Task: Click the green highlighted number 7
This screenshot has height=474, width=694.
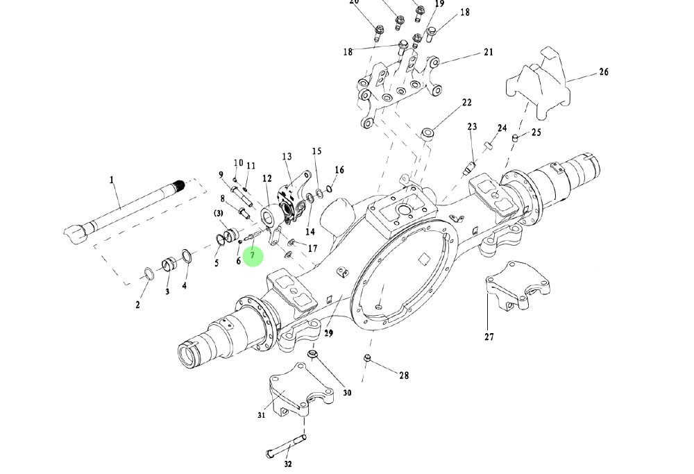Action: coord(253,256)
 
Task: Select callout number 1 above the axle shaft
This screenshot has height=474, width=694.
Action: coord(111,180)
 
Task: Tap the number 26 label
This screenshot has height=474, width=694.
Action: coord(603,72)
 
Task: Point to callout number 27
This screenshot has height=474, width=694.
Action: coord(489,337)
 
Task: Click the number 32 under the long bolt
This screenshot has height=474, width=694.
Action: coord(288,464)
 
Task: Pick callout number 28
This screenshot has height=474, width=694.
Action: coord(403,375)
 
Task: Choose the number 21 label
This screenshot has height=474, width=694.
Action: coord(488,52)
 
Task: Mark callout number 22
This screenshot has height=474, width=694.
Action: coord(466,103)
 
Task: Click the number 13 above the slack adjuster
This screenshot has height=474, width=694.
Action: coord(287,158)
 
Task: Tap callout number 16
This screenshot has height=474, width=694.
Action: coord(339,170)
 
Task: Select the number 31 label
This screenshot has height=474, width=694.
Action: coord(262,415)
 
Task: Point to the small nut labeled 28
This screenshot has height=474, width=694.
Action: coord(367,358)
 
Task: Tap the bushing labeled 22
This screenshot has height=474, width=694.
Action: coord(429,131)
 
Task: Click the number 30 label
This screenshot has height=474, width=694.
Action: coord(347,393)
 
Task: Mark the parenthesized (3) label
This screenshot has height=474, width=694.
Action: coord(218,212)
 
